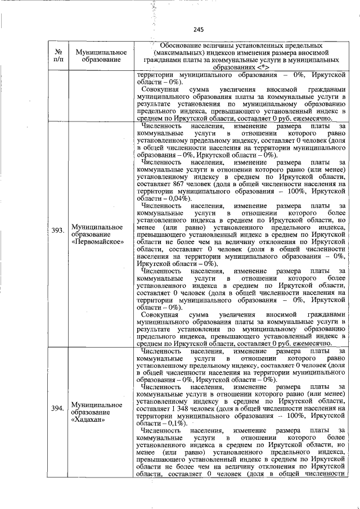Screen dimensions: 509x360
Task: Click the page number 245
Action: pyautogui.click(x=197, y=30)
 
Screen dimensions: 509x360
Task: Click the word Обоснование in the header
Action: pyautogui.click(x=188, y=44)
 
